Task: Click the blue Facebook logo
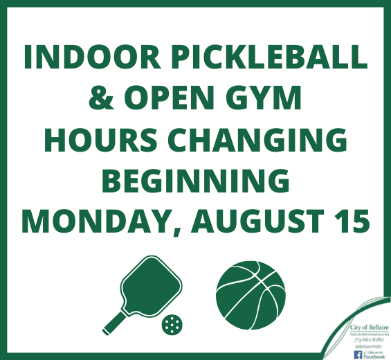[x=358, y=354]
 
